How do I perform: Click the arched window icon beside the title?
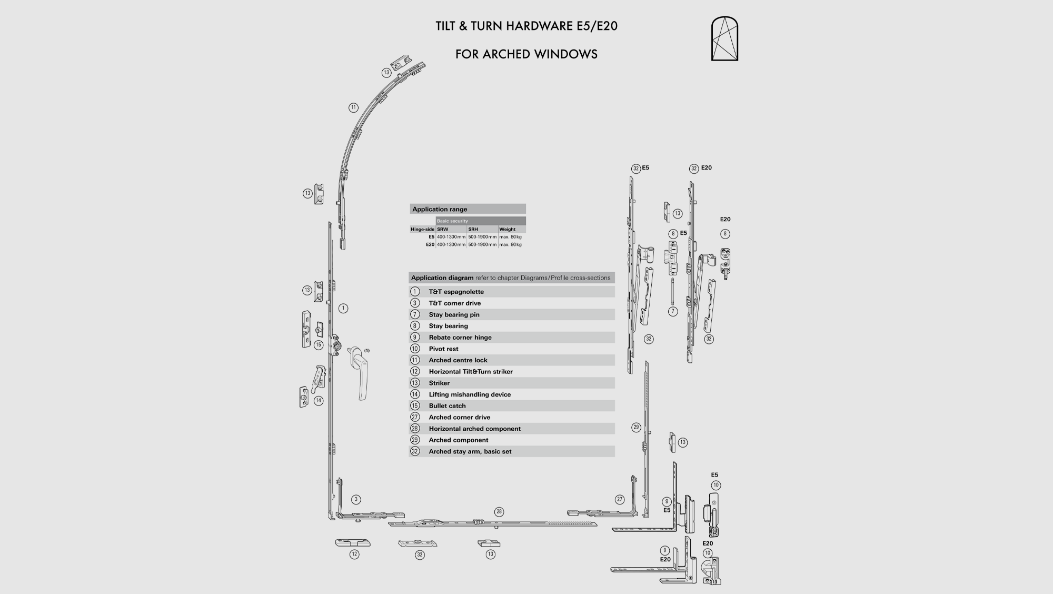tap(724, 39)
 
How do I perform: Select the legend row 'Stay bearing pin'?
tap(454, 315)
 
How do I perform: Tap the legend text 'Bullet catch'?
tap(447, 406)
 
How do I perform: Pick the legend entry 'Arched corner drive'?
tap(459, 418)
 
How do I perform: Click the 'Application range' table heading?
tap(440, 209)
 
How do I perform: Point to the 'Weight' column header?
tap(508, 230)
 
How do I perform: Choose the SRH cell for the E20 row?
tap(482, 245)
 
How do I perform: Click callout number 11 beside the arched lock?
tap(353, 108)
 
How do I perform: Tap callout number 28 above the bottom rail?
tap(499, 512)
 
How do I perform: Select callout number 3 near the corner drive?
tap(356, 500)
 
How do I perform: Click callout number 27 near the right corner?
tap(620, 500)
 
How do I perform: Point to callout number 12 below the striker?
tap(354, 555)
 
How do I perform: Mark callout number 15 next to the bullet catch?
tap(319, 345)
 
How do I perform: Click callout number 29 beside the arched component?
tap(636, 428)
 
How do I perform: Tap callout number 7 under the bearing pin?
tap(673, 312)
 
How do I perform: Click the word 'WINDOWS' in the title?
tap(565, 54)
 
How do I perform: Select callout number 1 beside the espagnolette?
tap(343, 309)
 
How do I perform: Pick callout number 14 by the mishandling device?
tap(319, 401)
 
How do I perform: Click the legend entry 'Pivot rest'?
tap(443, 349)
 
